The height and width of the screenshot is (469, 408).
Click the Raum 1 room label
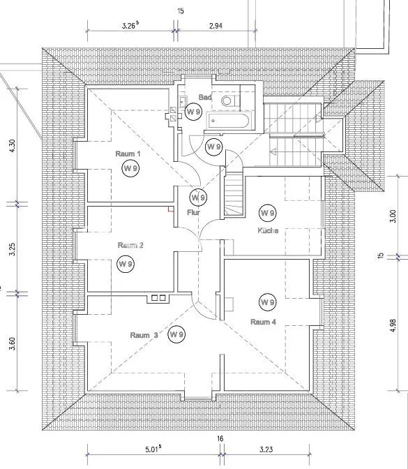(x=128, y=154)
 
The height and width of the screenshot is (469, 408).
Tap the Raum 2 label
(x=130, y=245)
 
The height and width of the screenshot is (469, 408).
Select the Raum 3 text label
(x=144, y=335)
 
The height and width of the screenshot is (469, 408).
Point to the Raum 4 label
(x=263, y=322)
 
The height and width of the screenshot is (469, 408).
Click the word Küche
(x=268, y=230)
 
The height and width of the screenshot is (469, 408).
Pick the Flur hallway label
(x=193, y=213)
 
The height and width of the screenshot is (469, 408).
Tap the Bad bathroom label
(x=205, y=97)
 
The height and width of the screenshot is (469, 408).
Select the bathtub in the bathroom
(x=229, y=121)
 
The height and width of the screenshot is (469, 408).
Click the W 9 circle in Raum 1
(x=130, y=168)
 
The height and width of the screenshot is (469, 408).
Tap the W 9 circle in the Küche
(x=268, y=213)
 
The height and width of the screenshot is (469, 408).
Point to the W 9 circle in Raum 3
(x=176, y=334)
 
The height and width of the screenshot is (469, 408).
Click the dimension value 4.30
(x=13, y=146)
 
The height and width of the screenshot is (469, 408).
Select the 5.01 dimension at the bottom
(x=153, y=449)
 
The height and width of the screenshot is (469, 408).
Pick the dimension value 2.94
(x=216, y=26)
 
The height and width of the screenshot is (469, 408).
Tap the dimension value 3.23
(x=266, y=449)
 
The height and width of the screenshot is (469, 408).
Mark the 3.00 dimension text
(x=393, y=216)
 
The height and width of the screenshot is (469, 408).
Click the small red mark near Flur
(x=171, y=209)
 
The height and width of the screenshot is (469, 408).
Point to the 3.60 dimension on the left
(x=13, y=343)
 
